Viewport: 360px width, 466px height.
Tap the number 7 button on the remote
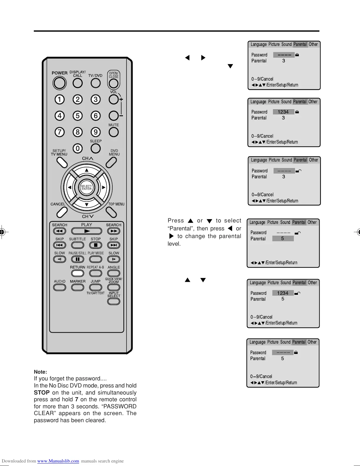pos(59,132)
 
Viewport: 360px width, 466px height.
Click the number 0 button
pos(77,149)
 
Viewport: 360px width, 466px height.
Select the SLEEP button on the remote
pos(96,148)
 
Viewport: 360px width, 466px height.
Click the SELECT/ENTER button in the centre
pos(86,187)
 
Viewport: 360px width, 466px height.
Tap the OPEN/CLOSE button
pos(114,83)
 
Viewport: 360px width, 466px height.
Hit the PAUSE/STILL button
pos(78,259)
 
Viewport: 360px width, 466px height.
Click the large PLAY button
pos(87,231)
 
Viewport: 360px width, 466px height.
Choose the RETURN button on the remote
pos(78,273)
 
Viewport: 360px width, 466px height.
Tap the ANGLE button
pos(114,273)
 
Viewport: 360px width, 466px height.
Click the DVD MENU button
pos(111,162)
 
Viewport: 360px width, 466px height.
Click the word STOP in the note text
pos(42,393)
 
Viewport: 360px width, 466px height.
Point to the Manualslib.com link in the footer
pos(58,461)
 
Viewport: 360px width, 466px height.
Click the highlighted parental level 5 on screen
pos(283,239)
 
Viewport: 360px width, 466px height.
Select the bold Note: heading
pos(40,372)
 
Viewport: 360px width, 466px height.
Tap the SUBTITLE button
pos(78,245)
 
